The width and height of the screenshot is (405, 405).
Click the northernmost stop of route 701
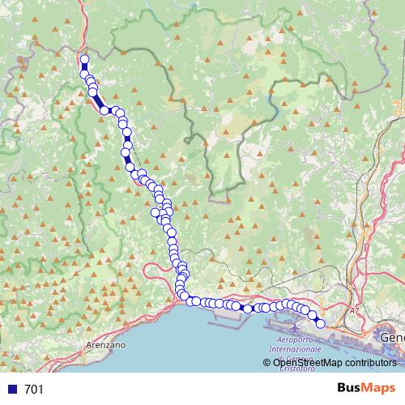84,59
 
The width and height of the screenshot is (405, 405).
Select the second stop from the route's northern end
84,75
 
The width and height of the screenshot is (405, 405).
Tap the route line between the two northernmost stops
84,67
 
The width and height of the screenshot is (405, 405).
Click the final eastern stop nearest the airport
320,324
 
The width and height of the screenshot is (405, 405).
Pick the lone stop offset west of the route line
156,212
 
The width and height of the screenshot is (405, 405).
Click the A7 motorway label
354,310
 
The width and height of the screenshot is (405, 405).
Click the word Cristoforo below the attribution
301,371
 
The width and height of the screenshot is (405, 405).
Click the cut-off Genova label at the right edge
393,335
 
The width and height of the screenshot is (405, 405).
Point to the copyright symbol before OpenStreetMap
268,362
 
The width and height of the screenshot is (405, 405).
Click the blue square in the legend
12,390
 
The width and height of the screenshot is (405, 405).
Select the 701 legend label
34,390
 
